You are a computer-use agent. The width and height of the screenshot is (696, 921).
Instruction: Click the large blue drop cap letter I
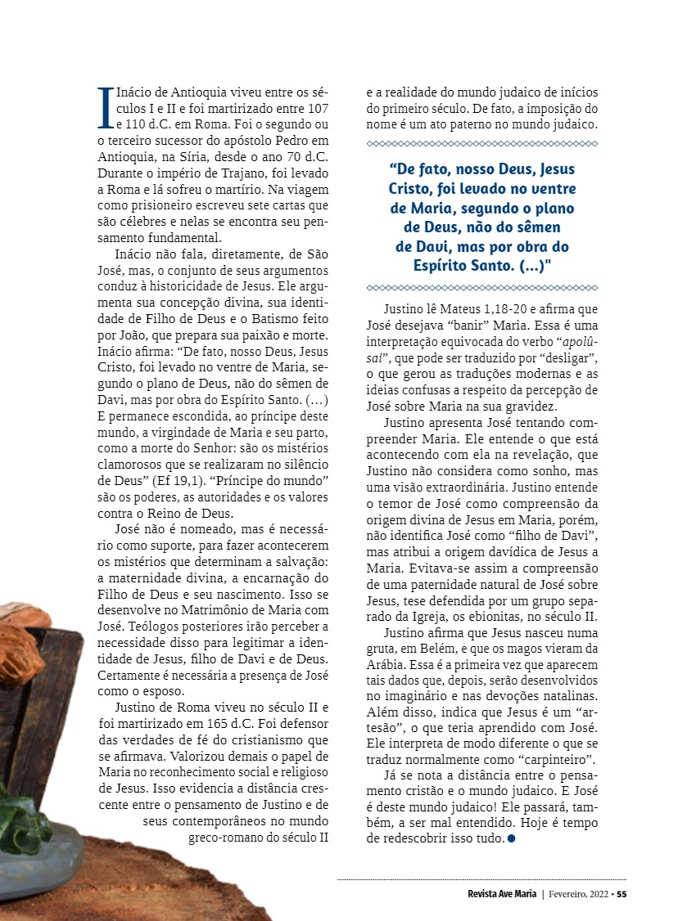[104, 108]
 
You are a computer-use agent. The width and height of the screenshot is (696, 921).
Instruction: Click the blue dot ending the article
[511, 839]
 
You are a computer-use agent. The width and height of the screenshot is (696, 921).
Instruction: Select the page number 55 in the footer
[621, 893]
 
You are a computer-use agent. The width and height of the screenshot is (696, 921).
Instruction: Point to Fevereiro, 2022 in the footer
[576, 893]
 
